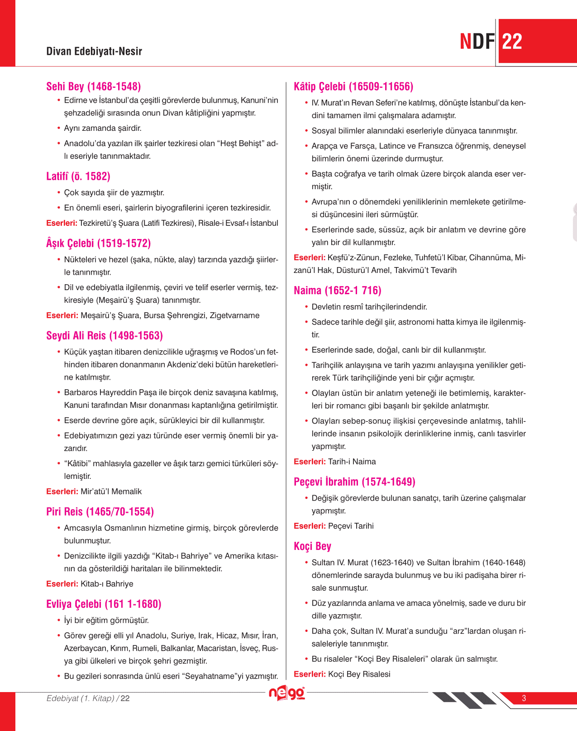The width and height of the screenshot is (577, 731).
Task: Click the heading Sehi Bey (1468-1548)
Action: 93,86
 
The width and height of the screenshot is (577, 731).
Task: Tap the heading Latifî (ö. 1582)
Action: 78,176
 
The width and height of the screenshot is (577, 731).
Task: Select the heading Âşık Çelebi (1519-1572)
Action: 98,243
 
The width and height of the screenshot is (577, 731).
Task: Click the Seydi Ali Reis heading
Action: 104,335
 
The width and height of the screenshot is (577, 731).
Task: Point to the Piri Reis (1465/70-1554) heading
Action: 100,511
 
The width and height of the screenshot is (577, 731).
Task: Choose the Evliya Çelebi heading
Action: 104,604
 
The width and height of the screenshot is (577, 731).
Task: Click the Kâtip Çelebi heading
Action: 353,86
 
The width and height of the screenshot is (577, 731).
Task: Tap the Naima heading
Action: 337,290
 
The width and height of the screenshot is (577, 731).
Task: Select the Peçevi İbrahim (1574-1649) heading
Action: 354,482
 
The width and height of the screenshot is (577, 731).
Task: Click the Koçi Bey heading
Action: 312,546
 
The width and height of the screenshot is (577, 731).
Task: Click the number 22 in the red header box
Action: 512,42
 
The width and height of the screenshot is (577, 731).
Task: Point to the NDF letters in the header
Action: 477,42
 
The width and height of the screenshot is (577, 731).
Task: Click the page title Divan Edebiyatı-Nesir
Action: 94,51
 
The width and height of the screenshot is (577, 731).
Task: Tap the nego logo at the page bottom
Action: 287,693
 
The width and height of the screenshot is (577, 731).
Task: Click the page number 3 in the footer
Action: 524,698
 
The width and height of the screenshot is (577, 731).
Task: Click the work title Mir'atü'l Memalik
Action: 111,492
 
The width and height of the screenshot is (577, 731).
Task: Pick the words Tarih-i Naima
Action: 352,462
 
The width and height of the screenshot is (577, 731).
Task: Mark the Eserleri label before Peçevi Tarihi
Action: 310,526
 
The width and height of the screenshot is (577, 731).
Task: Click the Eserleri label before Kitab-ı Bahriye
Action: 62,584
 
